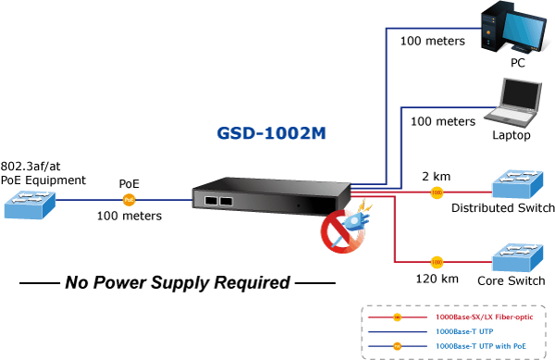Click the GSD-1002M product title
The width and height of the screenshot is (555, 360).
coord(271,133)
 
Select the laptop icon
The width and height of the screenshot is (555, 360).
coord(513,103)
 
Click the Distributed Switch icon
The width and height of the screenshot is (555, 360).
coord(517,184)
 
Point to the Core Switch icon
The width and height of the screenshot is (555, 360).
coord(517,257)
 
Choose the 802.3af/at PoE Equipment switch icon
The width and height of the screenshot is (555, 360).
coord(30,205)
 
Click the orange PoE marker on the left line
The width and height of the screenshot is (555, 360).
coord(129,200)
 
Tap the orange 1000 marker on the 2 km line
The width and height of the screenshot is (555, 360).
coord(437,192)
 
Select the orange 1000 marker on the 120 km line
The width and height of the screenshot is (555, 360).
coord(437,262)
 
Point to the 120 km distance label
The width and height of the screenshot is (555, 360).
coord(437,279)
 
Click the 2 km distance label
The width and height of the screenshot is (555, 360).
coord(436,176)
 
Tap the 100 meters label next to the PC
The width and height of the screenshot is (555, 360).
coord(433,41)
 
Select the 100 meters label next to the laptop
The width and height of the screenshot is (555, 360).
coord(443,122)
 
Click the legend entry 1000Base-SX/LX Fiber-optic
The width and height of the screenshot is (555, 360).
coord(484,317)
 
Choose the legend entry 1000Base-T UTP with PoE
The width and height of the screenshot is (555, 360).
coord(481,346)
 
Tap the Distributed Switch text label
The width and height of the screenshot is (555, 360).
coord(503,208)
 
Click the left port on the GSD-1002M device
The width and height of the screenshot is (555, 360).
coord(211,201)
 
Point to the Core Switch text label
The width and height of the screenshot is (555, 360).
coord(512,280)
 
